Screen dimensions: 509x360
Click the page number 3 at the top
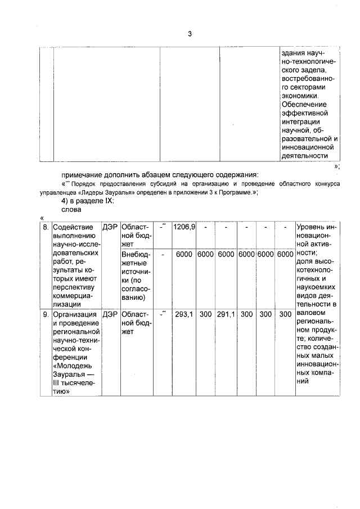pos(190,34)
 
